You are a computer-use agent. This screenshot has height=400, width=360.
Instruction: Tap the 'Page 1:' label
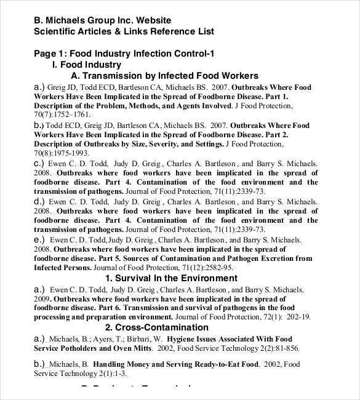[x=50, y=54]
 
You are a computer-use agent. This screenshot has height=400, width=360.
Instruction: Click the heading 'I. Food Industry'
[x=87, y=65]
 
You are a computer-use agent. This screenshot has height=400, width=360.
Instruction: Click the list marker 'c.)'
[x=39, y=164]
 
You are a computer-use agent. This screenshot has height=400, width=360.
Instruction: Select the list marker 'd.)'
[x=39, y=201]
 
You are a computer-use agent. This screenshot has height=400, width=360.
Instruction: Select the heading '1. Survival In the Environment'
[x=171, y=278]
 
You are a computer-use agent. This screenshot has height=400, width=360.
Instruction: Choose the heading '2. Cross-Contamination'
[x=157, y=327]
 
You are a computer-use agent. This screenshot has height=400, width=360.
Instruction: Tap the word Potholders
[x=82, y=348]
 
